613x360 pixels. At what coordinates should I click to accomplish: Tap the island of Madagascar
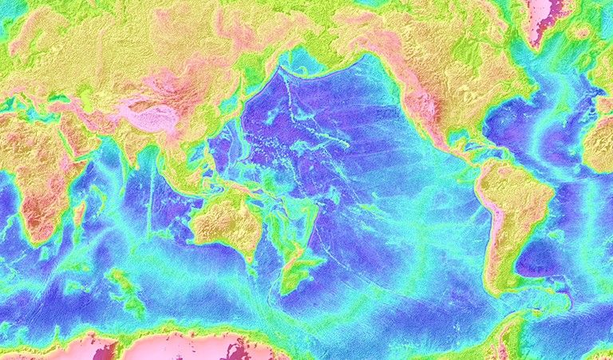tap(80, 212)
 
